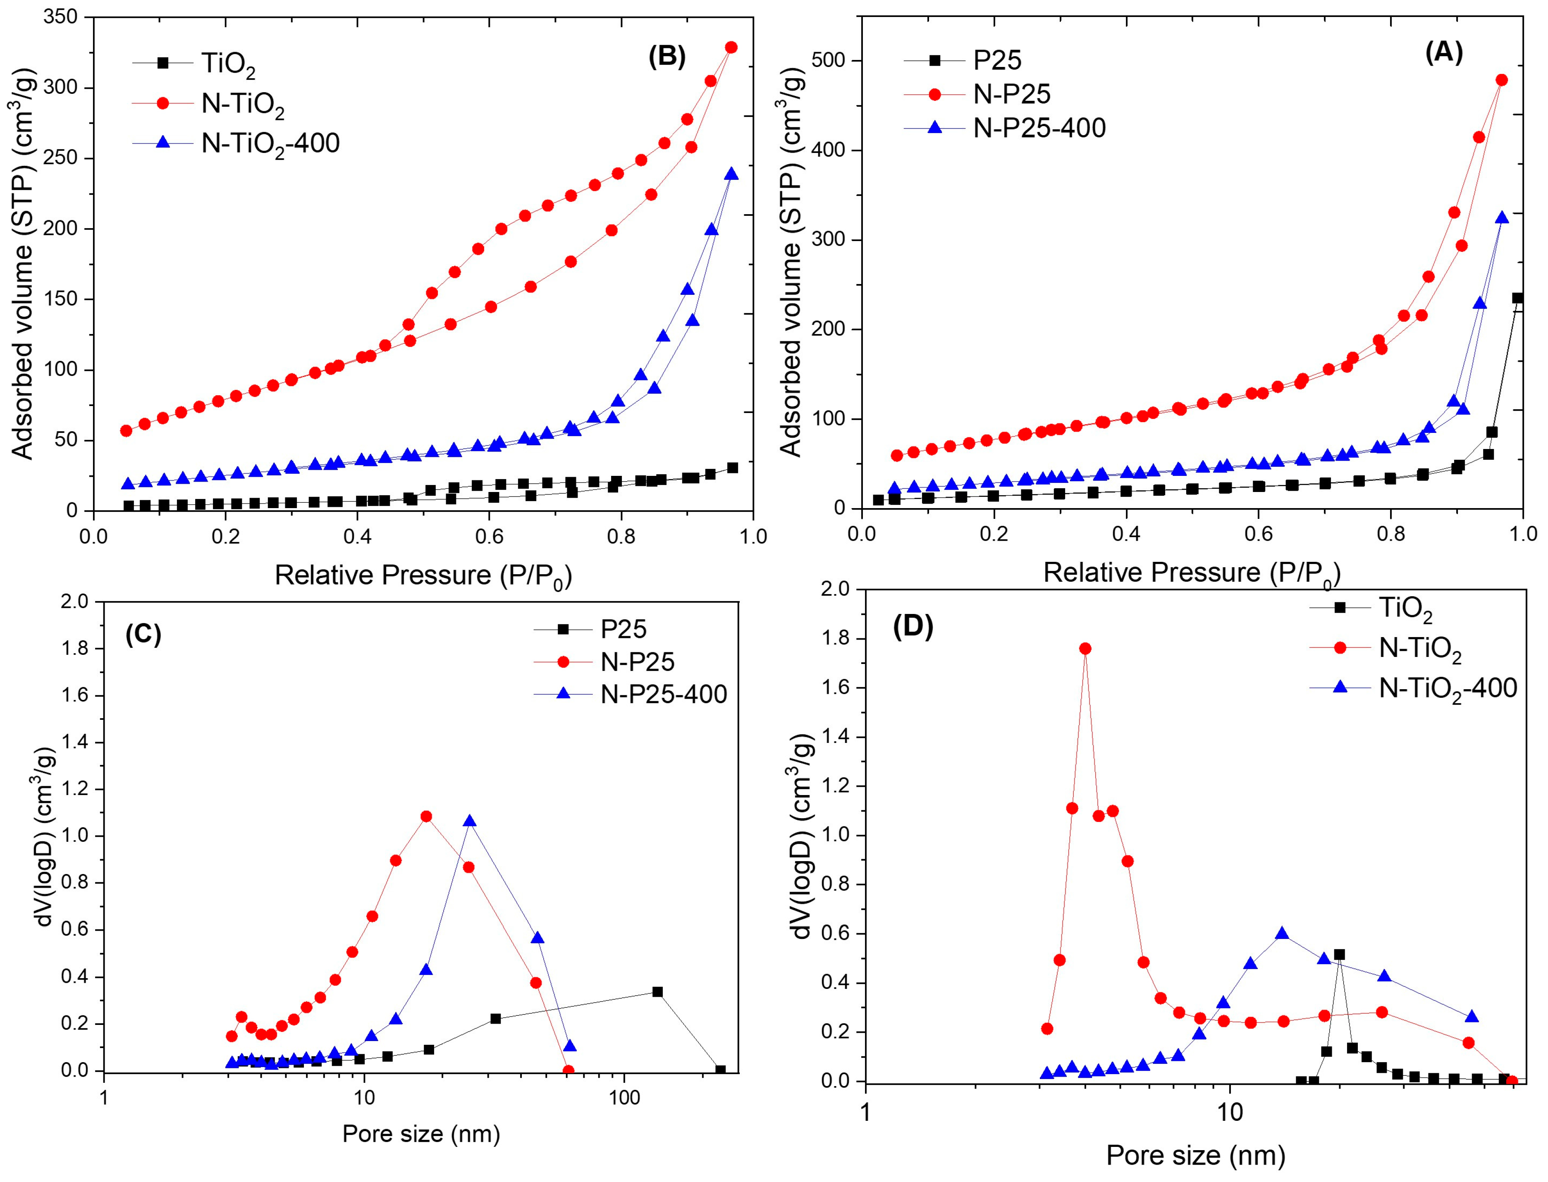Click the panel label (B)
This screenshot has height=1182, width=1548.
[x=666, y=56]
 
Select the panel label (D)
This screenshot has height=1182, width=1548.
[x=913, y=626]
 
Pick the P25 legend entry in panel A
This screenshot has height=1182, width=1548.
[x=997, y=60]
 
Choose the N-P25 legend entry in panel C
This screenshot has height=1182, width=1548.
[x=637, y=661]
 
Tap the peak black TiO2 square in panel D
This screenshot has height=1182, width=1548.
[x=1340, y=955]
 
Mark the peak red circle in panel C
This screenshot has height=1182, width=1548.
[x=426, y=816]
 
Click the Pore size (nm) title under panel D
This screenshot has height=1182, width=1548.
[x=1195, y=1155]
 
